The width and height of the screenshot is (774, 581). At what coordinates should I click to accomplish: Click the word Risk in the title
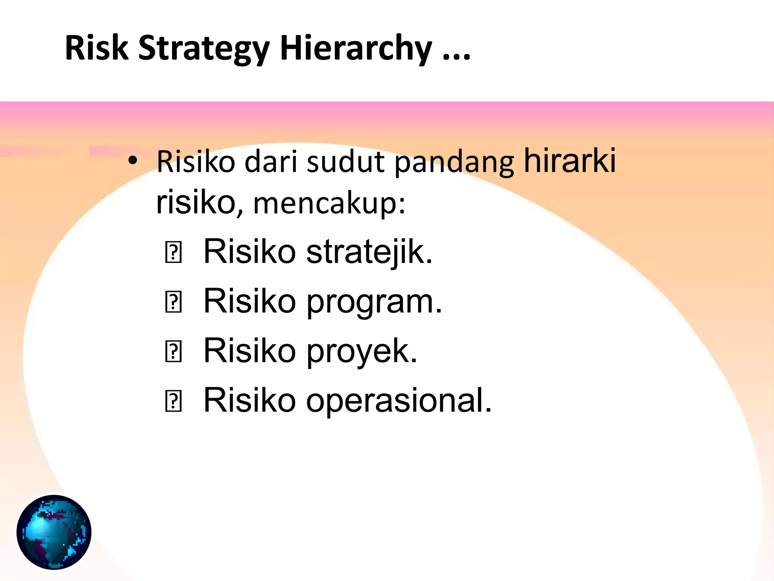(96, 48)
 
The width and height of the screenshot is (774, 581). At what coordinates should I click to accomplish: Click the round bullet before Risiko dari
(132, 161)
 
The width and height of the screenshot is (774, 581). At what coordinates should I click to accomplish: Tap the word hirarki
(570, 160)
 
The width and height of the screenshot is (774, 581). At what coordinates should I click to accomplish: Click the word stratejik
(369, 252)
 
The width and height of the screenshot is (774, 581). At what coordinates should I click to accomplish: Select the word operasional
(399, 400)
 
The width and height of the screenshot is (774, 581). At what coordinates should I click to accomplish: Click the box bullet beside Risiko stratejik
(173, 253)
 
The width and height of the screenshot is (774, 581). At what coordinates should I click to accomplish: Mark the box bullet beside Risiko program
(173, 302)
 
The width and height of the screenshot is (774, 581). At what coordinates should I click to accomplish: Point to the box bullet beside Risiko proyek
(173, 352)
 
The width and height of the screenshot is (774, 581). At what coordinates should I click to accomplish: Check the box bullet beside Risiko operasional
(173, 401)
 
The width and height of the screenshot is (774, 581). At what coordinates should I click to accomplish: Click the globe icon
(54, 532)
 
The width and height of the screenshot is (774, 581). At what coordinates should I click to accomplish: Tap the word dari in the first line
(271, 162)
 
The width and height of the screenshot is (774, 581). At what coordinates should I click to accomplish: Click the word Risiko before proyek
(249, 351)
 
